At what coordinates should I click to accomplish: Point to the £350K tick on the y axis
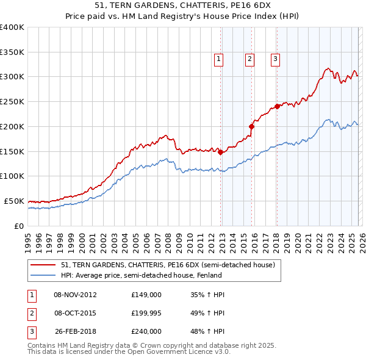12,52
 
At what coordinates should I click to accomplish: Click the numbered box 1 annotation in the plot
218,59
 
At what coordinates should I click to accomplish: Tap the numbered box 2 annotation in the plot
250,59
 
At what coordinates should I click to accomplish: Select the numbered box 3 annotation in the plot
275,59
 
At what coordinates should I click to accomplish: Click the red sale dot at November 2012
221,152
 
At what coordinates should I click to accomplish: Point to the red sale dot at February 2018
278,106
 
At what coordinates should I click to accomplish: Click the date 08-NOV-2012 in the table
75,295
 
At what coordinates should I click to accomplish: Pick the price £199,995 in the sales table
146,313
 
